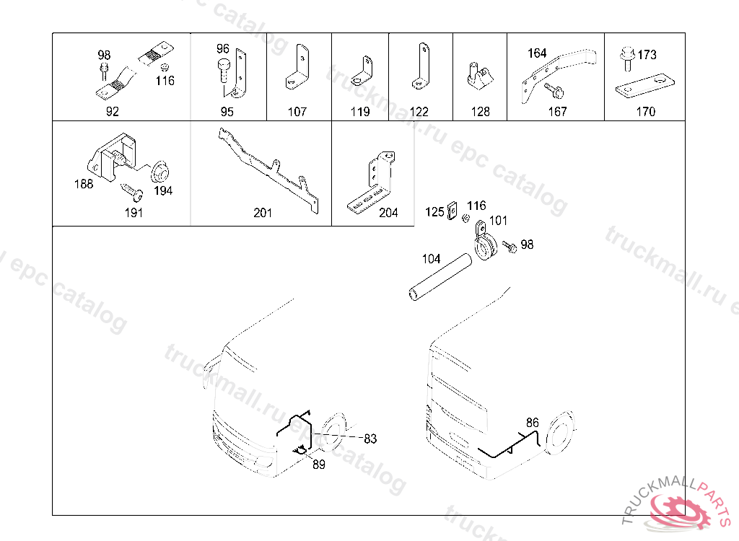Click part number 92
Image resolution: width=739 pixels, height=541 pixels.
pyautogui.click(x=112, y=112)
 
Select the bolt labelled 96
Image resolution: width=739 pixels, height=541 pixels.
pyautogui.click(x=224, y=70)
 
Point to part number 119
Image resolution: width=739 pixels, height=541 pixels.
pyautogui.click(x=360, y=112)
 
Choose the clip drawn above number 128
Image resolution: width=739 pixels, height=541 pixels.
pyautogui.click(x=480, y=77)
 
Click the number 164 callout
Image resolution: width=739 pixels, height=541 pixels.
pyautogui.click(x=537, y=53)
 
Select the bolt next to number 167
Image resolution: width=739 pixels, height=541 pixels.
pyautogui.click(x=554, y=90)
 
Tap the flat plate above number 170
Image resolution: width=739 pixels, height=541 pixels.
pyautogui.click(x=644, y=86)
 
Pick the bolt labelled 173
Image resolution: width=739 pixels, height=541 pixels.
pyautogui.click(x=627, y=58)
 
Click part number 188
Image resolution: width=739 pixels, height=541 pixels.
pyautogui.click(x=84, y=184)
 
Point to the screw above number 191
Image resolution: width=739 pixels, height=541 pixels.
pyautogui.click(x=132, y=190)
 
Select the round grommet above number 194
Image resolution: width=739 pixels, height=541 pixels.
pyautogui.click(x=159, y=172)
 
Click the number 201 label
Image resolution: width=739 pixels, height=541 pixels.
pyautogui.click(x=263, y=213)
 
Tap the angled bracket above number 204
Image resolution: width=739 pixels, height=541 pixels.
pyautogui.click(x=372, y=184)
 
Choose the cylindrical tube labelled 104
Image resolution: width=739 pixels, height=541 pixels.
pyautogui.click(x=440, y=277)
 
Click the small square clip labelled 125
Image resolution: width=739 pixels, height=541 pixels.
pyautogui.click(x=452, y=210)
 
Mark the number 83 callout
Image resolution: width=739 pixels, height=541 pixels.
pyautogui.click(x=370, y=439)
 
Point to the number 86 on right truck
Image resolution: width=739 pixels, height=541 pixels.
pyautogui.click(x=532, y=422)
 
